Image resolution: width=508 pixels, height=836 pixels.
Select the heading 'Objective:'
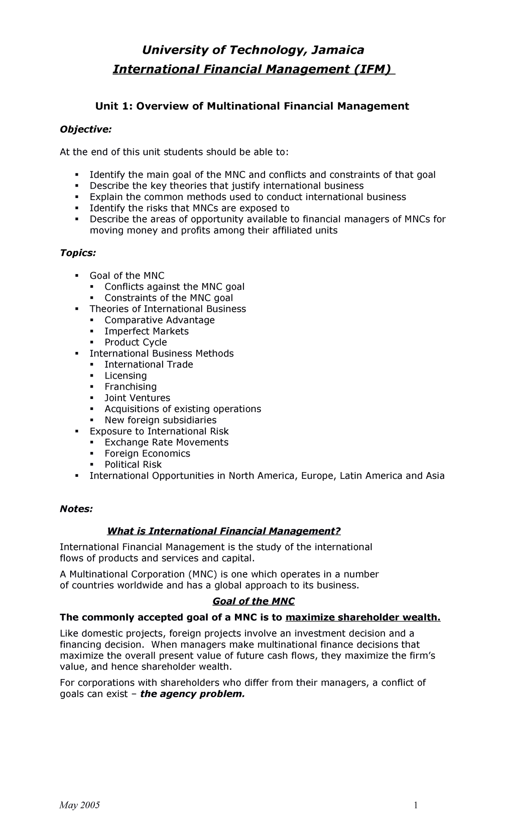pos(86,129)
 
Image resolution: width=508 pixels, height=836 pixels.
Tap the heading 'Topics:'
pos(78,253)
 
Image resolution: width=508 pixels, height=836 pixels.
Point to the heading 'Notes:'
pos(76,509)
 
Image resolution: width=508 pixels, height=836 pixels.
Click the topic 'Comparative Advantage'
pos(160,320)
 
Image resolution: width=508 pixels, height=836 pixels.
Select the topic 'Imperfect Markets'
pos(146,331)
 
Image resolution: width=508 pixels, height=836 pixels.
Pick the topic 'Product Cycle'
pos(135,342)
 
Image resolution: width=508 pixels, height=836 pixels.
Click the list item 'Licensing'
pos(126,376)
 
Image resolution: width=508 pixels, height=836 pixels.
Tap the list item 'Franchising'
pos(130,387)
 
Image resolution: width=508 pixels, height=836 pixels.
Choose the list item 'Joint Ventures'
pos(137,398)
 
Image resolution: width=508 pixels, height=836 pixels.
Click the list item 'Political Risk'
pos(133,465)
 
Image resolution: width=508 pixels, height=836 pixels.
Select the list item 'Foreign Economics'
pos(147,454)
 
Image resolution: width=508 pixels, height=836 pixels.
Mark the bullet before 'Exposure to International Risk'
pos(77,431)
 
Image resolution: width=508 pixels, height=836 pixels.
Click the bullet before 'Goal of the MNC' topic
pos(77,275)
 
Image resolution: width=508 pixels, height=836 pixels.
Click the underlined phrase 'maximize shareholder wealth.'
pos(363,618)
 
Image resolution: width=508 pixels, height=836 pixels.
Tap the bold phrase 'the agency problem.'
pos(192,694)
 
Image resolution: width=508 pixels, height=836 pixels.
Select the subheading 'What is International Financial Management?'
pos(224,531)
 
